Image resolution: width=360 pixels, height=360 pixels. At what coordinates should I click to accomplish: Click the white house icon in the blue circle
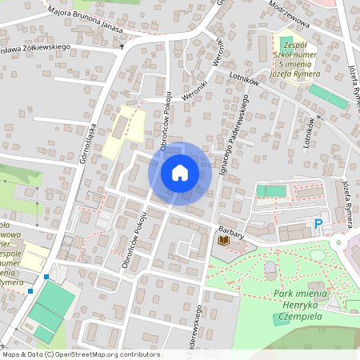tap(180, 172)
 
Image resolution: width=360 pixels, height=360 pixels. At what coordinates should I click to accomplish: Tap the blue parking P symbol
tap(318, 225)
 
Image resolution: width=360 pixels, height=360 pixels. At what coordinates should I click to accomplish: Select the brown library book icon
tap(225, 240)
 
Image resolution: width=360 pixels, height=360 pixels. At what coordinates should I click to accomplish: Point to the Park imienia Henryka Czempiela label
tap(306, 300)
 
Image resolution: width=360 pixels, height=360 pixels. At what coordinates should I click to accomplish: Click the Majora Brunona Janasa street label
tap(89, 19)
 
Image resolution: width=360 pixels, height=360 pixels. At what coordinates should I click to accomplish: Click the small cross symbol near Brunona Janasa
tap(122, 46)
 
